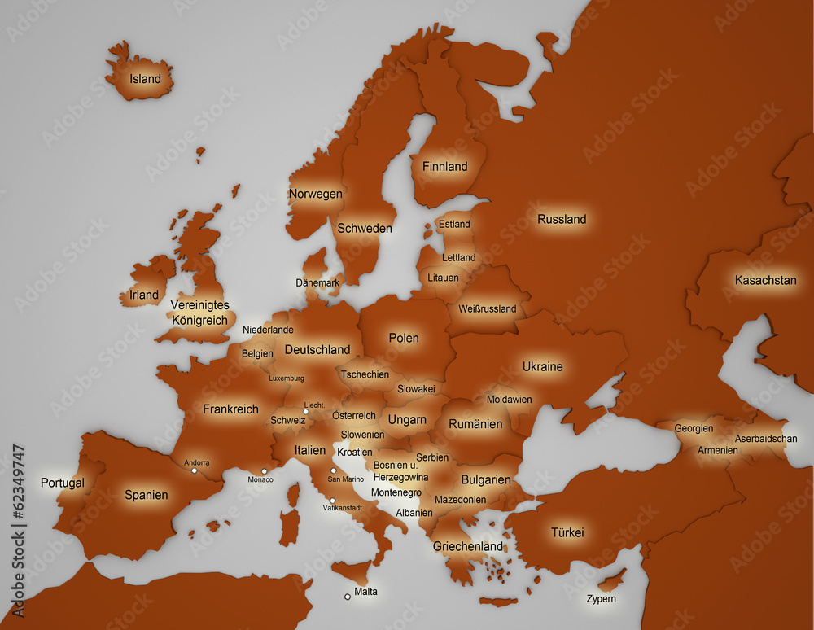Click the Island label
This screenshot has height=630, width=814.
[x=146, y=79]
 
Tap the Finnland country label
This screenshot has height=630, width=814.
[x=444, y=167]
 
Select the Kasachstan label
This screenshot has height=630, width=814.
[x=765, y=280]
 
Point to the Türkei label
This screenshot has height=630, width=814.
[x=567, y=533]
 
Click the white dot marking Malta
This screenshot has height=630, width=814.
[x=348, y=597]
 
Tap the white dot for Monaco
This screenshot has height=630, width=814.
[x=264, y=471]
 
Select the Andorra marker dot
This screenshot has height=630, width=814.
[x=195, y=470]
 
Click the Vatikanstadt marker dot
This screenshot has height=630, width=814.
[x=332, y=501]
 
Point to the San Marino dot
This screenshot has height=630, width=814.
[x=333, y=470]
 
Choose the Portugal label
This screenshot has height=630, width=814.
[x=63, y=483]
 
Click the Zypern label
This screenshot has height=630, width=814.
[x=602, y=599]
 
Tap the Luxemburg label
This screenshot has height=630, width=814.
[x=287, y=378]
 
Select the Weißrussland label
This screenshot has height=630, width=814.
[x=488, y=309]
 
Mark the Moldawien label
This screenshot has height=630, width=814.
[x=510, y=400]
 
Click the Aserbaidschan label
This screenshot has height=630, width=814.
[x=766, y=439]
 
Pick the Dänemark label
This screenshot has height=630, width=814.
[x=317, y=283]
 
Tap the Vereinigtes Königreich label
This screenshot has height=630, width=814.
[x=200, y=313]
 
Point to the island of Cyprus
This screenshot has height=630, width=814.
[x=611, y=581]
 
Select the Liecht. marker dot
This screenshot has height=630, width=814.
[x=306, y=413]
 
